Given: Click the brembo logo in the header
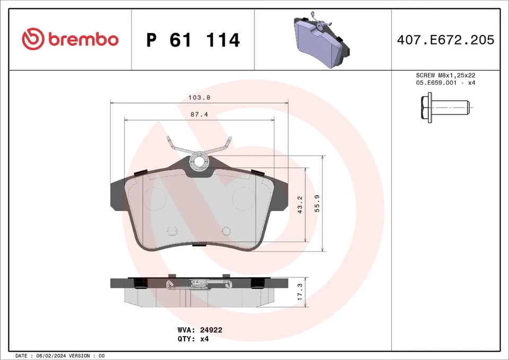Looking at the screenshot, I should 70,39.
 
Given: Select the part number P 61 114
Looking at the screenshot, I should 193,40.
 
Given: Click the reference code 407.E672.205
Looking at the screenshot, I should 445,40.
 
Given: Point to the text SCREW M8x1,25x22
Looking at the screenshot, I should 445,76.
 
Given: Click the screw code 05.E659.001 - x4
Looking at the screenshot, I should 445,84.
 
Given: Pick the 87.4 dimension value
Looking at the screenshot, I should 198,115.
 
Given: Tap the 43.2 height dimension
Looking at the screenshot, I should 300,205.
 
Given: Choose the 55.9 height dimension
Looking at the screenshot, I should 317,204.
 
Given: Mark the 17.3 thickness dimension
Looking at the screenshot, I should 300,292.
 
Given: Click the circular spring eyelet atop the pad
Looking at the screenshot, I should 199,162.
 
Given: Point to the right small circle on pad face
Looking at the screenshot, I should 226,231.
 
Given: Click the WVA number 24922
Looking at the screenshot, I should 211,330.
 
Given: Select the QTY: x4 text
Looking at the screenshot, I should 193,339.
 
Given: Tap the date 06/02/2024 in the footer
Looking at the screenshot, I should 52,355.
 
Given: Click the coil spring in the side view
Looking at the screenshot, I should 199,283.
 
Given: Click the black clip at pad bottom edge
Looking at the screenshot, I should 199,244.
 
